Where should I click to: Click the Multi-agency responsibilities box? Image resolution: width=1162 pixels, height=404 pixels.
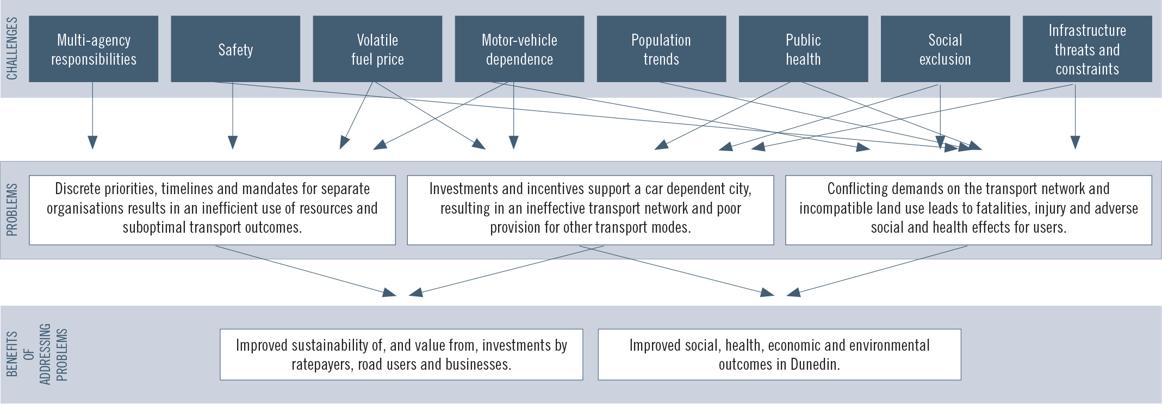(94, 49)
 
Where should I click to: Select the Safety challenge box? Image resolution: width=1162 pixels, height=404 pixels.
(235, 49)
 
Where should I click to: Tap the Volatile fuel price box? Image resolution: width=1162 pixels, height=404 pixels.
(377, 49)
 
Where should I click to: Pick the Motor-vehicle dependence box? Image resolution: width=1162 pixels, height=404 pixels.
(519, 49)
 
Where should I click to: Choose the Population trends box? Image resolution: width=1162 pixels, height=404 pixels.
(661, 49)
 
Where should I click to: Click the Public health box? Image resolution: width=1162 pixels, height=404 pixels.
(803, 49)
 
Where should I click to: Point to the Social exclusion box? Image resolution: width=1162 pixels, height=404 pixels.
(945, 49)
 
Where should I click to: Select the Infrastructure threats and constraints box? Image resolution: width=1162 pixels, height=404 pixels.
(1087, 49)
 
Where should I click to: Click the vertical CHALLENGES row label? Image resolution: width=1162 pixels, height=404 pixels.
(12, 48)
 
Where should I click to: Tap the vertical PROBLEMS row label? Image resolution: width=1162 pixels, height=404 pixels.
(12, 210)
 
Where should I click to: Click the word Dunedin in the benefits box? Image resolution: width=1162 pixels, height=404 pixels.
(815, 364)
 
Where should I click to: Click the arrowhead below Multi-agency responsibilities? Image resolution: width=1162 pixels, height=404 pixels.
(92, 142)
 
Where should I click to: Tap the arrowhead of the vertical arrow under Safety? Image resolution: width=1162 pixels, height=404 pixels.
(233, 142)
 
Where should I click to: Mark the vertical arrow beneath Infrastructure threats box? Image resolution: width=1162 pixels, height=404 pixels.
(1075, 117)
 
